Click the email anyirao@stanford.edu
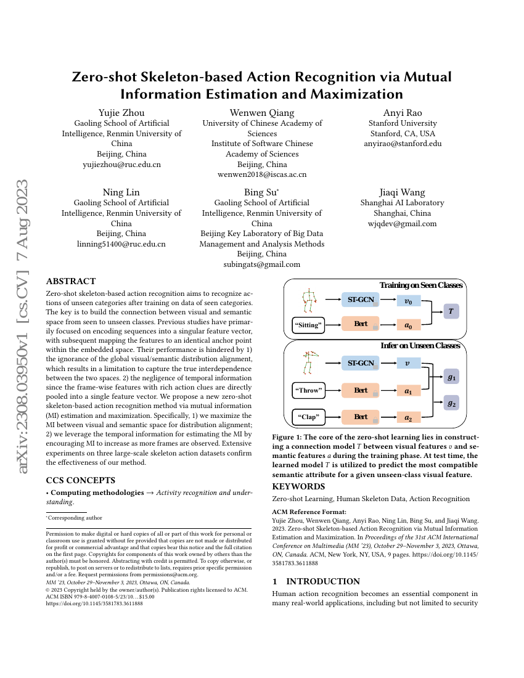(x=403, y=144)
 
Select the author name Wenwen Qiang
(x=262, y=112)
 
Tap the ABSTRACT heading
(x=71, y=281)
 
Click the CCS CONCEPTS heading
(x=81, y=480)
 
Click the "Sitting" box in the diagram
(x=308, y=325)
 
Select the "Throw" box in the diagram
(x=308, y=390)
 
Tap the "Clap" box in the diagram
(x=308, y=417)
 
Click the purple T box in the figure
(x=451, y=312)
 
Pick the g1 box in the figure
(x=451, y=377)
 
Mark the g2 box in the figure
(x=451, y=404)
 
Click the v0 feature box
(x=407, y=301)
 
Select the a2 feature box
(x=407, y=417)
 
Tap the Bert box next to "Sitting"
(x=361, y=324)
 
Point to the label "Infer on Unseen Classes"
(x=420, y=346)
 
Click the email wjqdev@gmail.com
(x=402, y=224)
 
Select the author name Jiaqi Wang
(x=402, y=192)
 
